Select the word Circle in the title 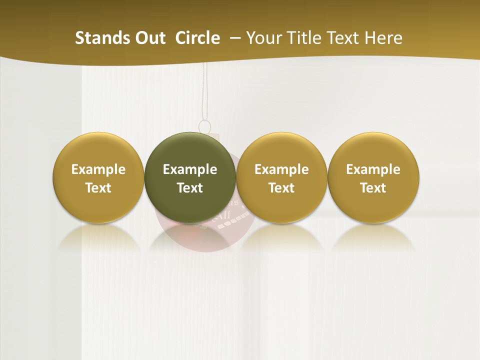click(x=197, y=38)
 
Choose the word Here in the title click(x=383, y=38)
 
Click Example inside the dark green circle click(x=190, y=169)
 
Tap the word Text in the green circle click(x=190, y=188)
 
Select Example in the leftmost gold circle click(x=98, y=169)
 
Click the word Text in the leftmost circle click(x=98, y=188)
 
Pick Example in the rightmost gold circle click(x=373, y=169)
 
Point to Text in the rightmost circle click(x=373, y=188)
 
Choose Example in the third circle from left click(x=281, y=169)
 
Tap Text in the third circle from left click(x=281, y=188)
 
